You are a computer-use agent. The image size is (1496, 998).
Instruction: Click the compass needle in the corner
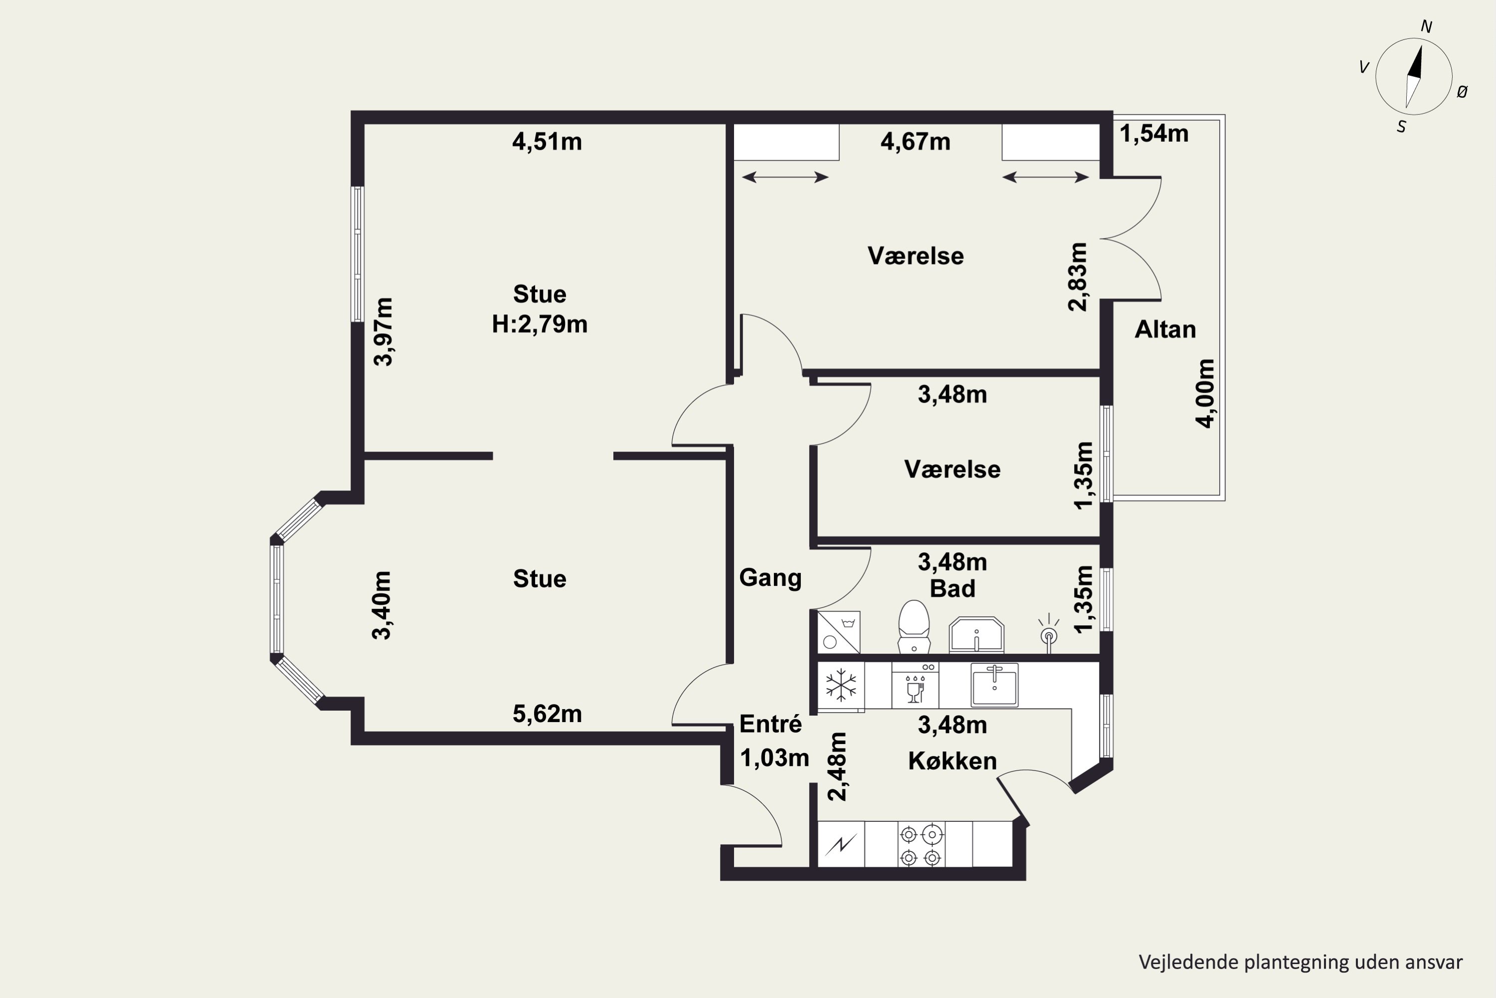(x=1413, y=77)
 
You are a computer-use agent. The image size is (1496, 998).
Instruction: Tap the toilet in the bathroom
(x=914, y=626)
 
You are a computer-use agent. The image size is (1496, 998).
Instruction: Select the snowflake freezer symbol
(x=840, y=686)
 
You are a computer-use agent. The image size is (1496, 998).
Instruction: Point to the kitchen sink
(x=994, y=685)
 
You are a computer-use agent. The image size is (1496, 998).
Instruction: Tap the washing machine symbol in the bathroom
(x=838, y=632)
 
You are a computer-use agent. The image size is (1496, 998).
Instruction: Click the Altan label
(x=1165, y=330)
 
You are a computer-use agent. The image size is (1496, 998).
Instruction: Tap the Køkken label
(x=952, y=761)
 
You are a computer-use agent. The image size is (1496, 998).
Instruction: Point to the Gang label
(x=770, y=578)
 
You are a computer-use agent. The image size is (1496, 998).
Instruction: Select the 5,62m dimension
(x=547, y=714)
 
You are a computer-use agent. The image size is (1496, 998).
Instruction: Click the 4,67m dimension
(x=915, y=141)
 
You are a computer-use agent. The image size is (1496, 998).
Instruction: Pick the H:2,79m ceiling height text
(x=540, y=325)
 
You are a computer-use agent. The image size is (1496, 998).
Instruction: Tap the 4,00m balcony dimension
(x=1205, y=393)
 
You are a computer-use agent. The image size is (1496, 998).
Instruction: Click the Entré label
(x=770, y=725)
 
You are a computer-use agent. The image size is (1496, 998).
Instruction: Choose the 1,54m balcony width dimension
(x=1154, y=134)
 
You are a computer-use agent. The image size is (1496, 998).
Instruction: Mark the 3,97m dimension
(x=383, y=332)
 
